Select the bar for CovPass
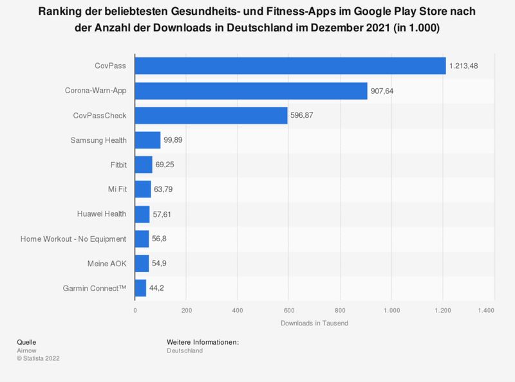[290, 66]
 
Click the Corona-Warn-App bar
[251, 91]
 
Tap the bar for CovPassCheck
[211, 115]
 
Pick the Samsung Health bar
[147, 140]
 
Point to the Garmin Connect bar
[140, 288]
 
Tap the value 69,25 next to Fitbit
[166, 165]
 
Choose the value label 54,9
[161, 264]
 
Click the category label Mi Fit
[116, 190]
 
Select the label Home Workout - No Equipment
[73, 239]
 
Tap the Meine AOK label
[107, 264]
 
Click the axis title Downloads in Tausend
[314, 323]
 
